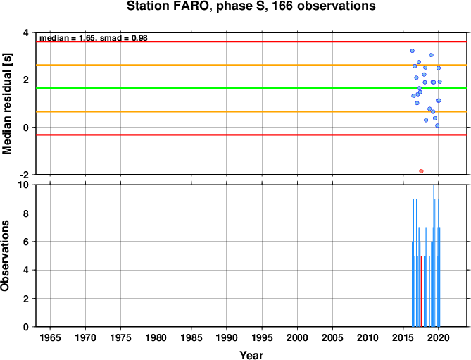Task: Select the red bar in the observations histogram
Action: [421, 291]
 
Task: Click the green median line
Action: [251, 88]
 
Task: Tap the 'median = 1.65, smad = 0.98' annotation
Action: [94, 38]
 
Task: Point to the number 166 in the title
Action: [282, 6]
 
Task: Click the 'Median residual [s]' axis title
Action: [6, 104]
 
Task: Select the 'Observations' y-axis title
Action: [5, 256]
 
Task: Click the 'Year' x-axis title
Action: [251, 355]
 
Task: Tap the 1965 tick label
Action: [50, 337]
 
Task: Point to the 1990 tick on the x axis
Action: [227, 337]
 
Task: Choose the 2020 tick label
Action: [438, 337]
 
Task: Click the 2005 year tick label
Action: [332, 337]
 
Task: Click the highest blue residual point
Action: [412, 51]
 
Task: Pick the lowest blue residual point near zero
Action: [437, 125]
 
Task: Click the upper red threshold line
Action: [251, 42]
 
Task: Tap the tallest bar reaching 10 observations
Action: [434, 256]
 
